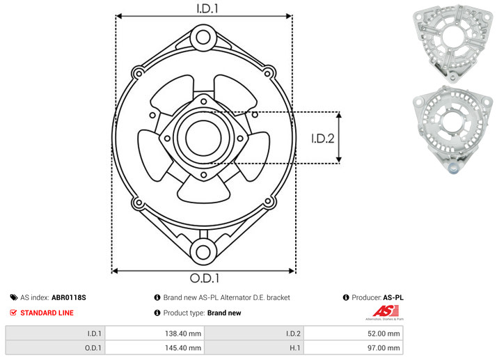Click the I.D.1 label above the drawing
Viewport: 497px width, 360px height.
(207, 8)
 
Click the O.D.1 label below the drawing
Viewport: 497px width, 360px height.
(205, 278)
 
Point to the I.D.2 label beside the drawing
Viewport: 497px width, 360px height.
(323, 139)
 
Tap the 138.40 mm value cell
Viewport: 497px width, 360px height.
(155, 334)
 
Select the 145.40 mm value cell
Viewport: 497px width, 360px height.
(155, 348)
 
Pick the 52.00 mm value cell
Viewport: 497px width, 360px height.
(354, 334)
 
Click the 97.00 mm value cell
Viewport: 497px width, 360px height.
(354, 348)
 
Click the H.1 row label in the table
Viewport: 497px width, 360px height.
(294, 348)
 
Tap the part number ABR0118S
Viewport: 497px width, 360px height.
(69, 297)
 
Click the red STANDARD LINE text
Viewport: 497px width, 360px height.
(47, 313)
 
